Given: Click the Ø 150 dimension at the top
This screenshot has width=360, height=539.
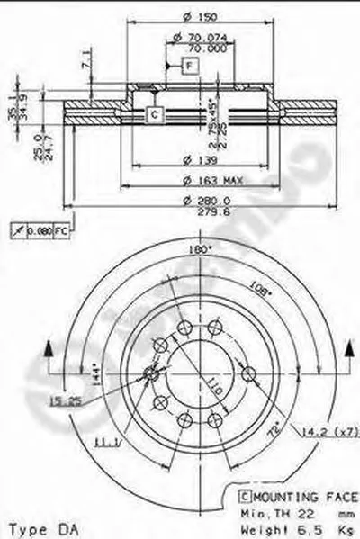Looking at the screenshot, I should [x=184, y=19].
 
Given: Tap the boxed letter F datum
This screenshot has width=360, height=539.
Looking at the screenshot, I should [x=190, y=65].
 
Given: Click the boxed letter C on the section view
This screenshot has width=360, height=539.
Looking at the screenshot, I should [x=153, y=114].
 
